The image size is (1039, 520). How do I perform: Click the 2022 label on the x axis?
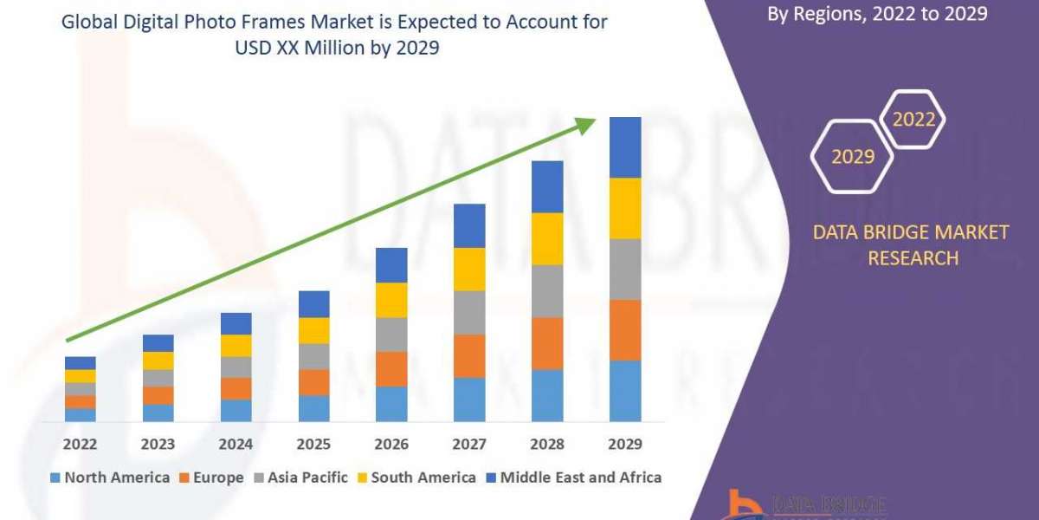click(x=80, y=444)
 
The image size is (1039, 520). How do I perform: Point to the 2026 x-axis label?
click(x=391, y=444)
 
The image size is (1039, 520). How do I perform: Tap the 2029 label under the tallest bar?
click(x=625, y=444)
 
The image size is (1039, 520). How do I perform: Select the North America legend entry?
click(x=110, y=478)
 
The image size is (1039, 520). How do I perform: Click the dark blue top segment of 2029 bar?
click(x=625, y=147)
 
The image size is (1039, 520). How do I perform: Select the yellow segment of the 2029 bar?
click(x=625, y=208)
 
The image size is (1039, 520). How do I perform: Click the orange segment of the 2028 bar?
click(x=547, y=343)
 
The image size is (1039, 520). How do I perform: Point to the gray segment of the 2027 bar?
click(x=469, y=312)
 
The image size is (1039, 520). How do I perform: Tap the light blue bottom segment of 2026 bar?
click(x=391, y=404)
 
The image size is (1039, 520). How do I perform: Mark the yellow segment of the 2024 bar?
click(x=236, y=345)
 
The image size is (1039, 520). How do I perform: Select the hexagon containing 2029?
click(x=852, y=156)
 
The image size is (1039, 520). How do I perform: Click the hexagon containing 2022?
click(x=913, y=120)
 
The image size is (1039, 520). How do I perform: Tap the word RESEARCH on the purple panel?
click(x=913, y=258)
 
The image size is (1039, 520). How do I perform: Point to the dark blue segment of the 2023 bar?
click(x=158, y=343)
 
